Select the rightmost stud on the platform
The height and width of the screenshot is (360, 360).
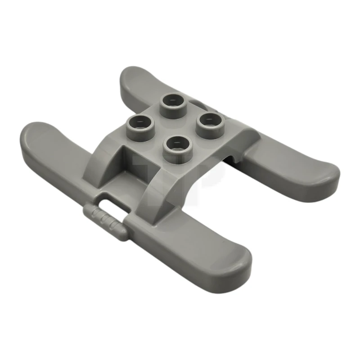coord(210,120)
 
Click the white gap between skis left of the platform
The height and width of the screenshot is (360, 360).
coord(76,108)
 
